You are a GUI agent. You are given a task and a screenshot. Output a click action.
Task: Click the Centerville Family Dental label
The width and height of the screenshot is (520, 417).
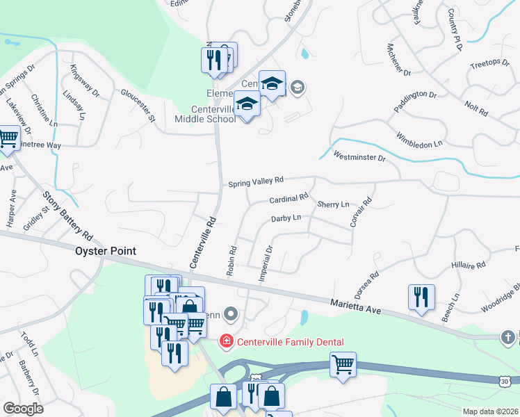[287, 341]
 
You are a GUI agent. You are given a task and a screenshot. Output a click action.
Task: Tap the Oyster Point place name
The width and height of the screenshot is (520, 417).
[106, 251]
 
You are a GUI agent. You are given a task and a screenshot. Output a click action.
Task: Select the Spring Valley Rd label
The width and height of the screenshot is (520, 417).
[257, 182]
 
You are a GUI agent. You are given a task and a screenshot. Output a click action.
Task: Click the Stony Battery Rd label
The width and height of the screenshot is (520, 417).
[67, 217]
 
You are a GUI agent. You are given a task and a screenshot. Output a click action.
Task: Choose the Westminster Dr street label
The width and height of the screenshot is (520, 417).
[359, 157]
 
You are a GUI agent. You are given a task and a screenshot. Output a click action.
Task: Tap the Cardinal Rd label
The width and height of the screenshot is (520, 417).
[289, 199]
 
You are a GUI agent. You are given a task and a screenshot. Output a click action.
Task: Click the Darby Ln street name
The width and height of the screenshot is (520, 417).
[286, 218]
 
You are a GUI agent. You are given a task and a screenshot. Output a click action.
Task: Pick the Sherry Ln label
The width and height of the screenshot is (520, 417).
[333, 205]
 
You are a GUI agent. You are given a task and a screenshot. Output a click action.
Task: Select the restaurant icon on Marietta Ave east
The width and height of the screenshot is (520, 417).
[421, 297]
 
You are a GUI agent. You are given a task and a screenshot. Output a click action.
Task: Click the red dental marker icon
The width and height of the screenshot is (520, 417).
[226, 341]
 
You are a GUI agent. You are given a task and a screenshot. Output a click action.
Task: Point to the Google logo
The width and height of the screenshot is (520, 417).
[23, 409]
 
